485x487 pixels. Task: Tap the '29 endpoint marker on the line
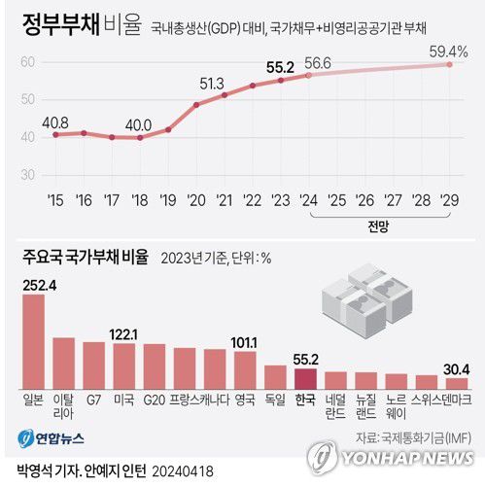450,64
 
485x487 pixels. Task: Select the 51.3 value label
213,82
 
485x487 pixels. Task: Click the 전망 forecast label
379,225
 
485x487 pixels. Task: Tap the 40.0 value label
140,124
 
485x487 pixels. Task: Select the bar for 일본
33,340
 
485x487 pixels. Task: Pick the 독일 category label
276,400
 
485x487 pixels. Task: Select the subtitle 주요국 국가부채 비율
86,258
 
